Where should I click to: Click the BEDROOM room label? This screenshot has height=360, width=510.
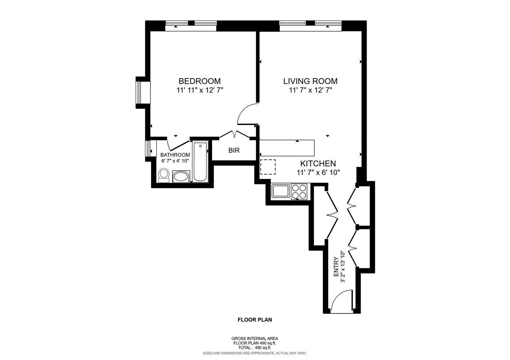click(200, 81)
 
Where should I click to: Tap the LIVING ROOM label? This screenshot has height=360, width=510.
click(310, 81)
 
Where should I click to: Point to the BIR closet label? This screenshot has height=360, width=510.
click(234, 150)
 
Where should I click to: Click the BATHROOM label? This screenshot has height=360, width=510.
click(175, 155)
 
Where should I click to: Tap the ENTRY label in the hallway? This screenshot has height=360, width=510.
click(336, 267)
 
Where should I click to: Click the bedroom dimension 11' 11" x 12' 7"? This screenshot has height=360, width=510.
click(200, 90)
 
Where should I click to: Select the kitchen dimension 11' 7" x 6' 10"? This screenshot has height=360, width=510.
click(318, 172)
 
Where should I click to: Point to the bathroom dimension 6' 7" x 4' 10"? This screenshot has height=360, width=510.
click(175, 161)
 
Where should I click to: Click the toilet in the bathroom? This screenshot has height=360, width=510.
click(164, 175)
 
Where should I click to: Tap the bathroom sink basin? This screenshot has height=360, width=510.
click(180, 176)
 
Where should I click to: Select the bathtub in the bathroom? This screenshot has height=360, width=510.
click(200, 162)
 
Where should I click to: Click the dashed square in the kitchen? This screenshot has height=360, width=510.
click(268, 167)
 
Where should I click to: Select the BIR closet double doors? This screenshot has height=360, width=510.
click(234, 134)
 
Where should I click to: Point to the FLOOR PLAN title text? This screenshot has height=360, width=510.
click(255, 319)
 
